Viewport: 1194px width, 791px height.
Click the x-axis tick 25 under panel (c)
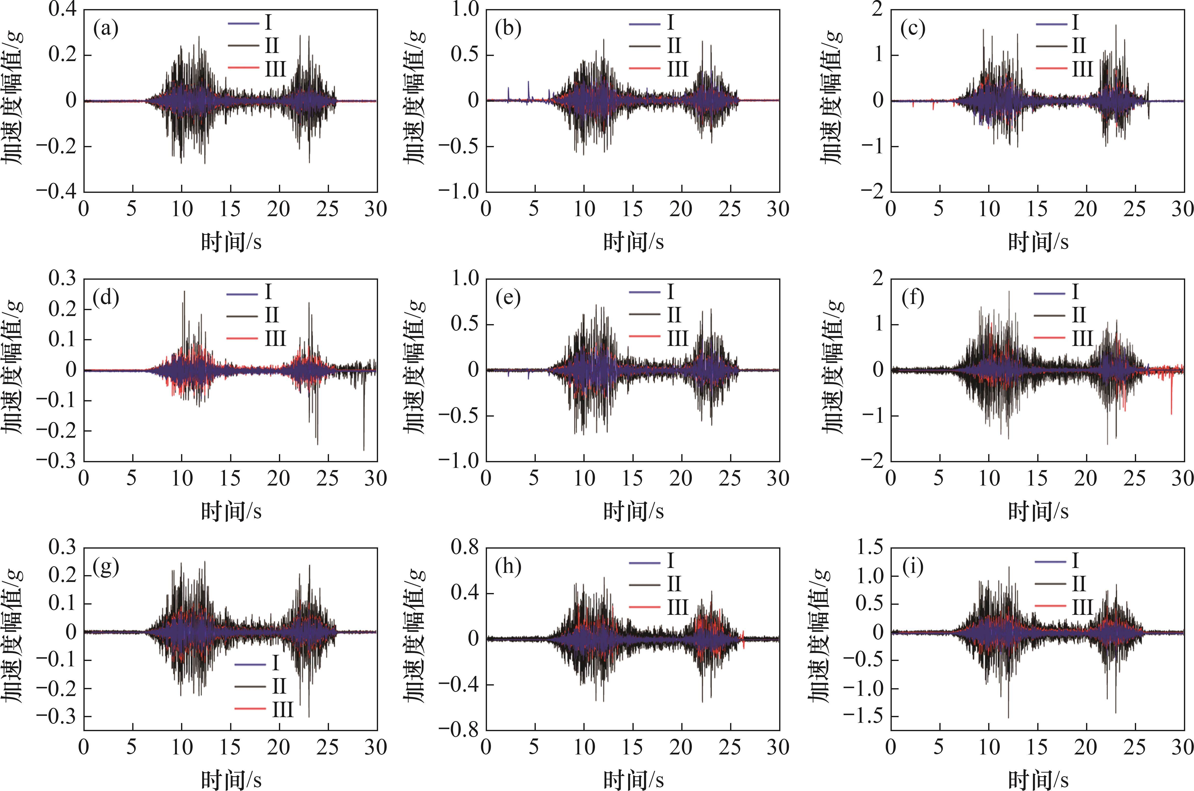tap(1135, 209)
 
